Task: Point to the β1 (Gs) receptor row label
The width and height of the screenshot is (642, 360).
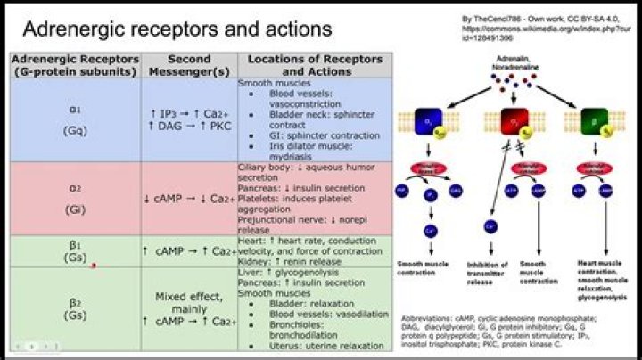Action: click(75, 250)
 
